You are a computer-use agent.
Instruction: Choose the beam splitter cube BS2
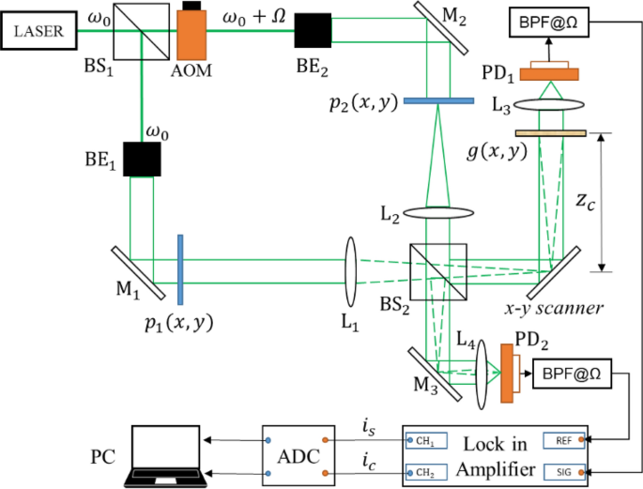point(438,272)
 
